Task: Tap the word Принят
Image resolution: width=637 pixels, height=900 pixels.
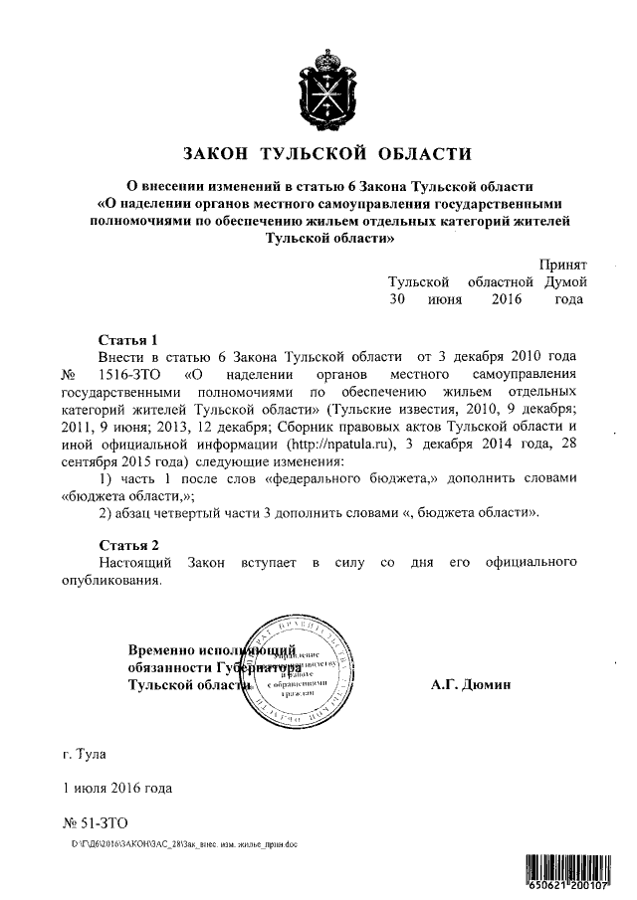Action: (562, 264)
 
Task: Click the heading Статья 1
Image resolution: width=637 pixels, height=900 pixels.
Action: (128, 339)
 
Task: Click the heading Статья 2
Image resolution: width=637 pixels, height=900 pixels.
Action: (128, 546)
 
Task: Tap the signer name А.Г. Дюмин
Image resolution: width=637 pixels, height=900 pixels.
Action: (472, 685)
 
